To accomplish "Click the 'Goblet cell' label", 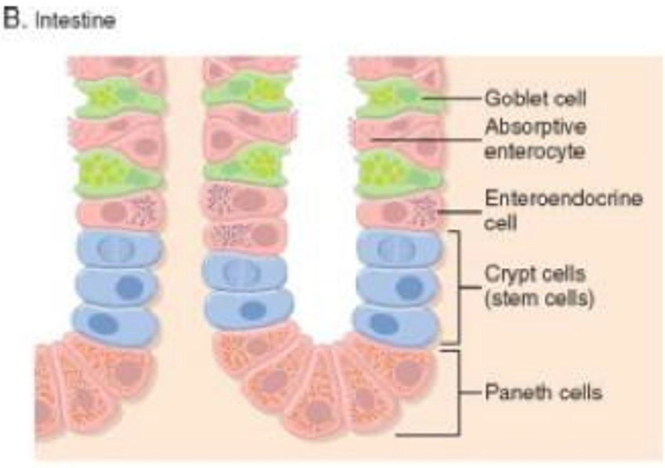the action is pyautogui.click(x=535, y=99).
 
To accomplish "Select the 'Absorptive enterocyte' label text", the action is pyautogui.click(x=535, y=139).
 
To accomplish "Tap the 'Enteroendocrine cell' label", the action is pyautogui.click(x=563, y=210).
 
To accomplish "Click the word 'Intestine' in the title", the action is pyautogui.click(x=75, y=20).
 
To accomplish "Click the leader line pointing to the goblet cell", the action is pyautogui.click(x=451, y=98).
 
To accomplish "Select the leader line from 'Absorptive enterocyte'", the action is pyautogui.click(x=427, y=139).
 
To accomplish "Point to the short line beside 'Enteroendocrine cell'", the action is pyautogui.click(x=459, y=212).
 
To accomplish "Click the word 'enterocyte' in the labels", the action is pyautogui.click(x=535, y=152).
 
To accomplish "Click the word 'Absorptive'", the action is pyautogui.click(x=536, y=127).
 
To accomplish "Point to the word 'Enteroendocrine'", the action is pyautogui.click(x=563, y=198).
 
